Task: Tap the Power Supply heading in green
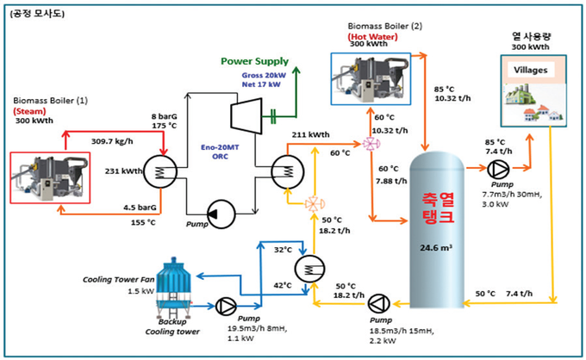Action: pyautogui.click(x=254, y=61)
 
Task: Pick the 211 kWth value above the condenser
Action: pyautogui.click(x=310, y=135)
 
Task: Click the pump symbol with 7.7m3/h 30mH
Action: pyautogui.click(x=498, y=170)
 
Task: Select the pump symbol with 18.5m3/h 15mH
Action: pyautogui.click(x=377, y=302)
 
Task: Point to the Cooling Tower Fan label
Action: pyautogui.click(x=121, y=280)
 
